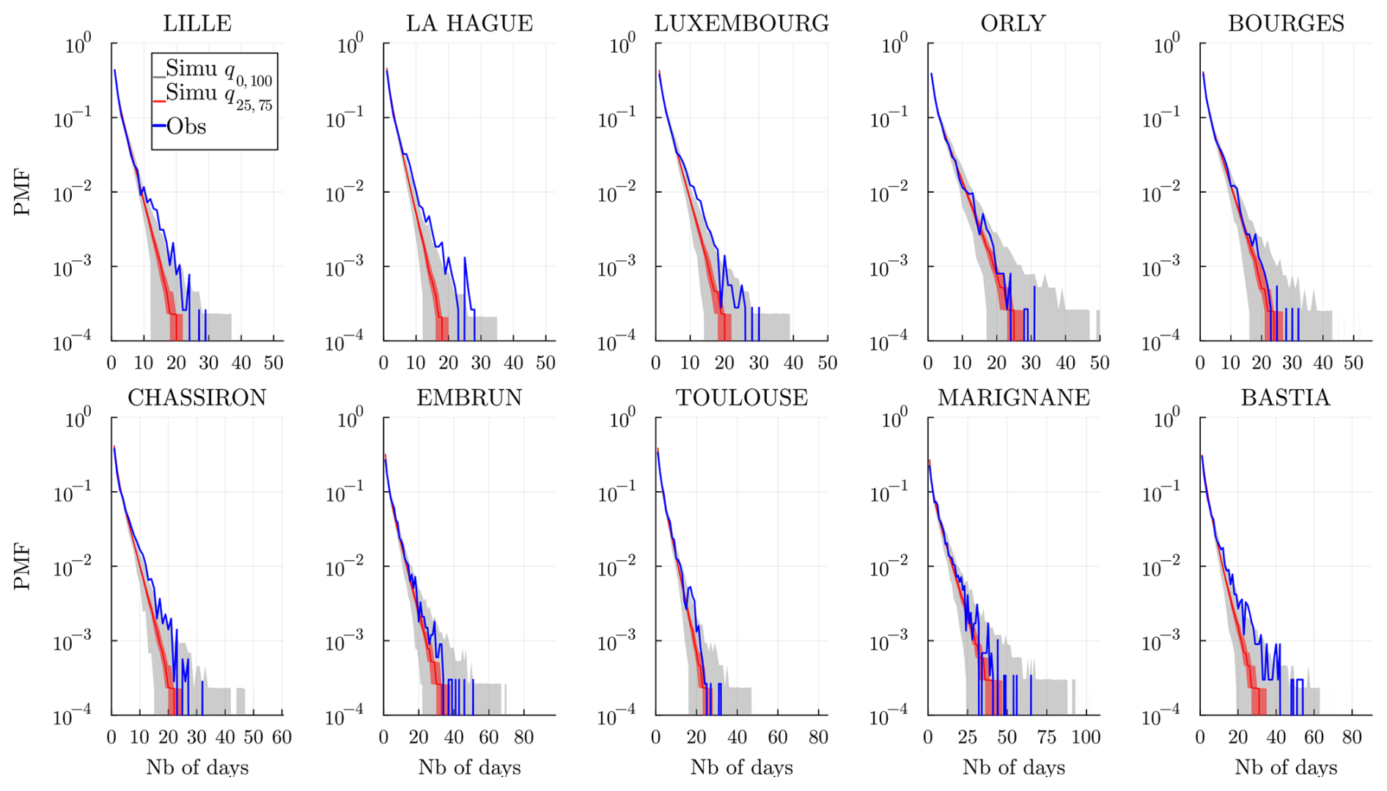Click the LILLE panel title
click(x=197, y=23)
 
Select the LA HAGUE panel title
click(x=469, y=23)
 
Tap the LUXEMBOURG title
click(x=741, y=23)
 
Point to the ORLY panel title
click(x=1013, y=23)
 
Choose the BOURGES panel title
click(x=1286, y=23)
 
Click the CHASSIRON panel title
click(x=197, y=397)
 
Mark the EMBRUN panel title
click(x=469, y=397)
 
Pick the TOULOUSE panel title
click(x=741, y=397)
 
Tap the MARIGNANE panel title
click(x=1013, y=397)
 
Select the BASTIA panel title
click(x=1285, y=397)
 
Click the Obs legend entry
click(x=186, y=127)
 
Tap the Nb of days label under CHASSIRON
click(x=197, y=768)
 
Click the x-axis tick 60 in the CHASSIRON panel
click(x=282, y=737)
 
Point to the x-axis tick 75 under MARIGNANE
click(x=1046, y=737)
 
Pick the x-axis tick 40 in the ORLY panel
click(x=1065, y=363)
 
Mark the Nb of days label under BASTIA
click(x=1285, y=768)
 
